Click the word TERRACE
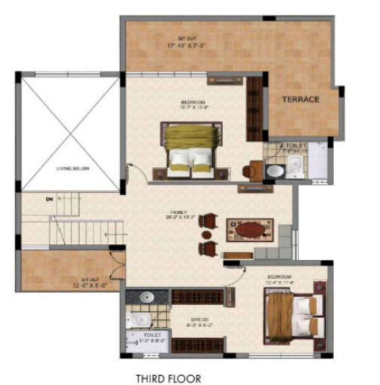[300, 99]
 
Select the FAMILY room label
[184, 213]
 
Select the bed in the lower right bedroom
[293, 313]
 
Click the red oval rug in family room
[249, 228]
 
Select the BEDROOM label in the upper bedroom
[193, 102]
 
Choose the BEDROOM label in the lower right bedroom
[279, 277]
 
